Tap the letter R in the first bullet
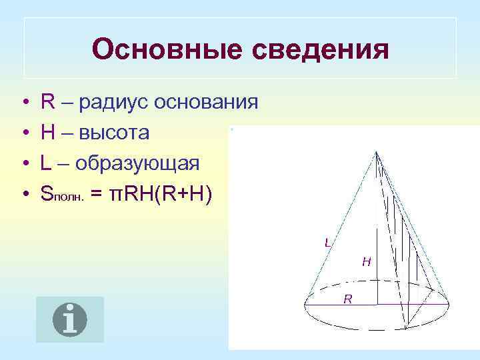pyautogui.click(x=47, y=103)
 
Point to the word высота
pyautogui.click(x=114, y=133)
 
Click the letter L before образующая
pyautogui.click(x=46, y=163)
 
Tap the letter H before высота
pyautogui.click(x=48, y=133)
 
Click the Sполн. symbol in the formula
pyautogui.click(x=62, y=194)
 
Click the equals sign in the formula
pyautogui.click(x=97, y=194)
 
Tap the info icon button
pyautogui.click(x=70, y=319)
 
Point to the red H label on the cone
pyautogui.click(x=366, y=262)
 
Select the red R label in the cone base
pyautogui.click(x=348, y=299)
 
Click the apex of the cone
pyautogui.click(x=377, y=153)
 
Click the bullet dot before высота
pyautogui.click(x=24, y=134)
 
